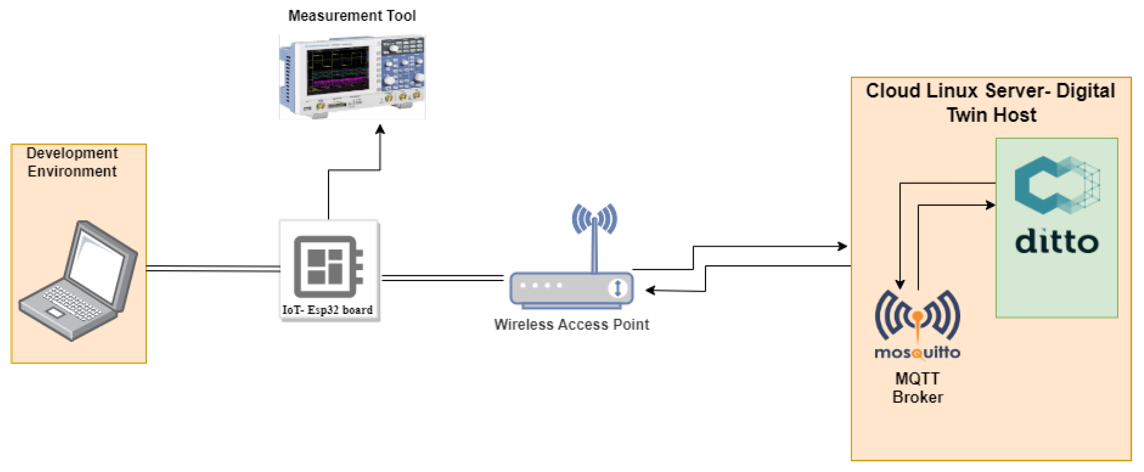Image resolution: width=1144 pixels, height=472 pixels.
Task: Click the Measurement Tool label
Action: pos(352,15)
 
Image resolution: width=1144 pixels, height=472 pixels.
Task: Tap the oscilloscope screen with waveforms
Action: pos(337,71)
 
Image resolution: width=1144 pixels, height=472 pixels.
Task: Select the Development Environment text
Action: pos(72,162)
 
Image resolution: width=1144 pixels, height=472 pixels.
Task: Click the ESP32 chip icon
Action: pos(328,267)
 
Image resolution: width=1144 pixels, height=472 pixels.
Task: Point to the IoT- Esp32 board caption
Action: pos(327,310)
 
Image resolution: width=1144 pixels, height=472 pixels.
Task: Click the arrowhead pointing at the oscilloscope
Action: pos(380,130)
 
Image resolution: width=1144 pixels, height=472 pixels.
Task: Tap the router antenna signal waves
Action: pos(594,219)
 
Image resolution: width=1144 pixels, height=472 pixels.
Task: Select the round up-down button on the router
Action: pos(617,288)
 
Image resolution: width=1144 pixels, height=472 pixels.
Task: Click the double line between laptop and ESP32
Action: pos(213,268)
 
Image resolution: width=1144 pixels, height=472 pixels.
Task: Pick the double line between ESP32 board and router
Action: pos(443,278)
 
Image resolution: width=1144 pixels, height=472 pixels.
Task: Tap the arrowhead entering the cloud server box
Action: pos(842,246)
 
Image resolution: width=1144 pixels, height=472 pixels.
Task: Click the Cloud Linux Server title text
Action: pos(990,103)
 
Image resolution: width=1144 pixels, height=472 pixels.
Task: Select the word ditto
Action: pos(1057,242)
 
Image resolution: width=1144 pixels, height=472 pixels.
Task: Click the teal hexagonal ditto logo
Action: pos(1057,185)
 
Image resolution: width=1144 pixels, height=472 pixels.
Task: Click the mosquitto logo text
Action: pos(917,353)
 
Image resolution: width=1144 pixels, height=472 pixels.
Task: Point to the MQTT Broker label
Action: pos(917,388)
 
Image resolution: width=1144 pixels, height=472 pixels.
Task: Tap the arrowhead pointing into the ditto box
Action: pos(990,205)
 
